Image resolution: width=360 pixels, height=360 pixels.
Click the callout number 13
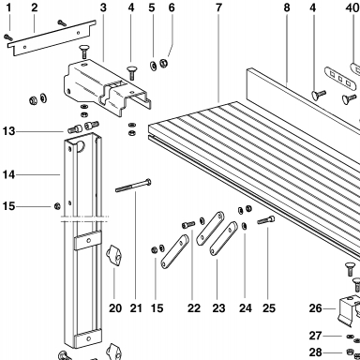pos(8,131)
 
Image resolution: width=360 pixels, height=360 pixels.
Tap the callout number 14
pos(8,174)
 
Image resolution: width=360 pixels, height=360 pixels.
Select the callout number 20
pos(115,308)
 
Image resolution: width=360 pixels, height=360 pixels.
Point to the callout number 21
pos(136,308)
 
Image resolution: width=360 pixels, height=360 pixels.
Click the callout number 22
pos(194,308)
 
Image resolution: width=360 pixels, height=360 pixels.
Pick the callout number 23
pos(218,308)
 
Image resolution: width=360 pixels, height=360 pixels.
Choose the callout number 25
pos(269,308)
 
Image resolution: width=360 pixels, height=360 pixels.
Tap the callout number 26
pos(315,308)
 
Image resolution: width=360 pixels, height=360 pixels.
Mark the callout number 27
pos(315,336)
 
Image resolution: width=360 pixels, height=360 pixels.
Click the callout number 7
pos(218,7)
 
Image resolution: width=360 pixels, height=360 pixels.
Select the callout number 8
pos(287,7)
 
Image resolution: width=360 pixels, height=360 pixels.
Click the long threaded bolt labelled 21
pos(133,186)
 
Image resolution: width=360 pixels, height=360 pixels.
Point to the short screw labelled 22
pos(188,224)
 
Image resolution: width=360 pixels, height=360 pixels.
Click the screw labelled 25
pos(266,220)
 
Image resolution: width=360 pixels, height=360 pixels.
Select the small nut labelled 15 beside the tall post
pos(57,206)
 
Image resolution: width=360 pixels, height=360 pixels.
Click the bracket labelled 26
pos(349,310)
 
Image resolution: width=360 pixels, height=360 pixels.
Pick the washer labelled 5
pos(154,66)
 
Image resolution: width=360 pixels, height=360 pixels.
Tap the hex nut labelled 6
pos(163,63)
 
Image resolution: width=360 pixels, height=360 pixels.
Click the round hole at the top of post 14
pos(81,146)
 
